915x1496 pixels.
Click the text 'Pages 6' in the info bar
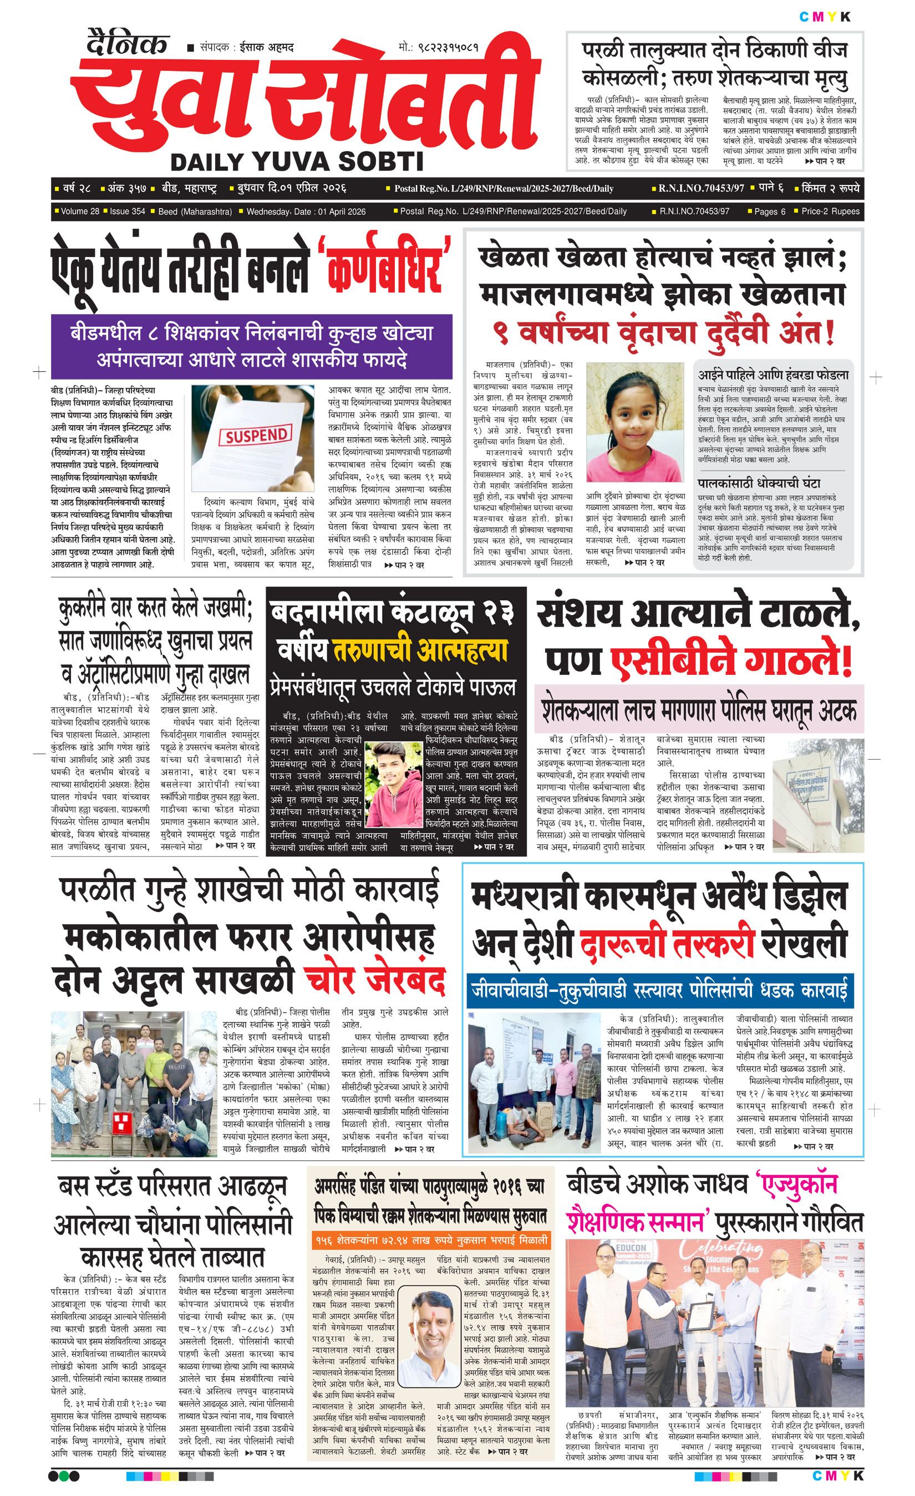pos(770,211)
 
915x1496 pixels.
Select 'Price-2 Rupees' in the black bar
pos(831,211)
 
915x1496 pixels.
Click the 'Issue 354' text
pos(127,211)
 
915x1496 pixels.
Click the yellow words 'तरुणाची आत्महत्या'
pos(420,651)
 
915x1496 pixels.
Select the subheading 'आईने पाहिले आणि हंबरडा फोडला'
pos(774,375)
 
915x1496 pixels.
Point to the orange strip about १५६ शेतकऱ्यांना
pos(431,1222)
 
